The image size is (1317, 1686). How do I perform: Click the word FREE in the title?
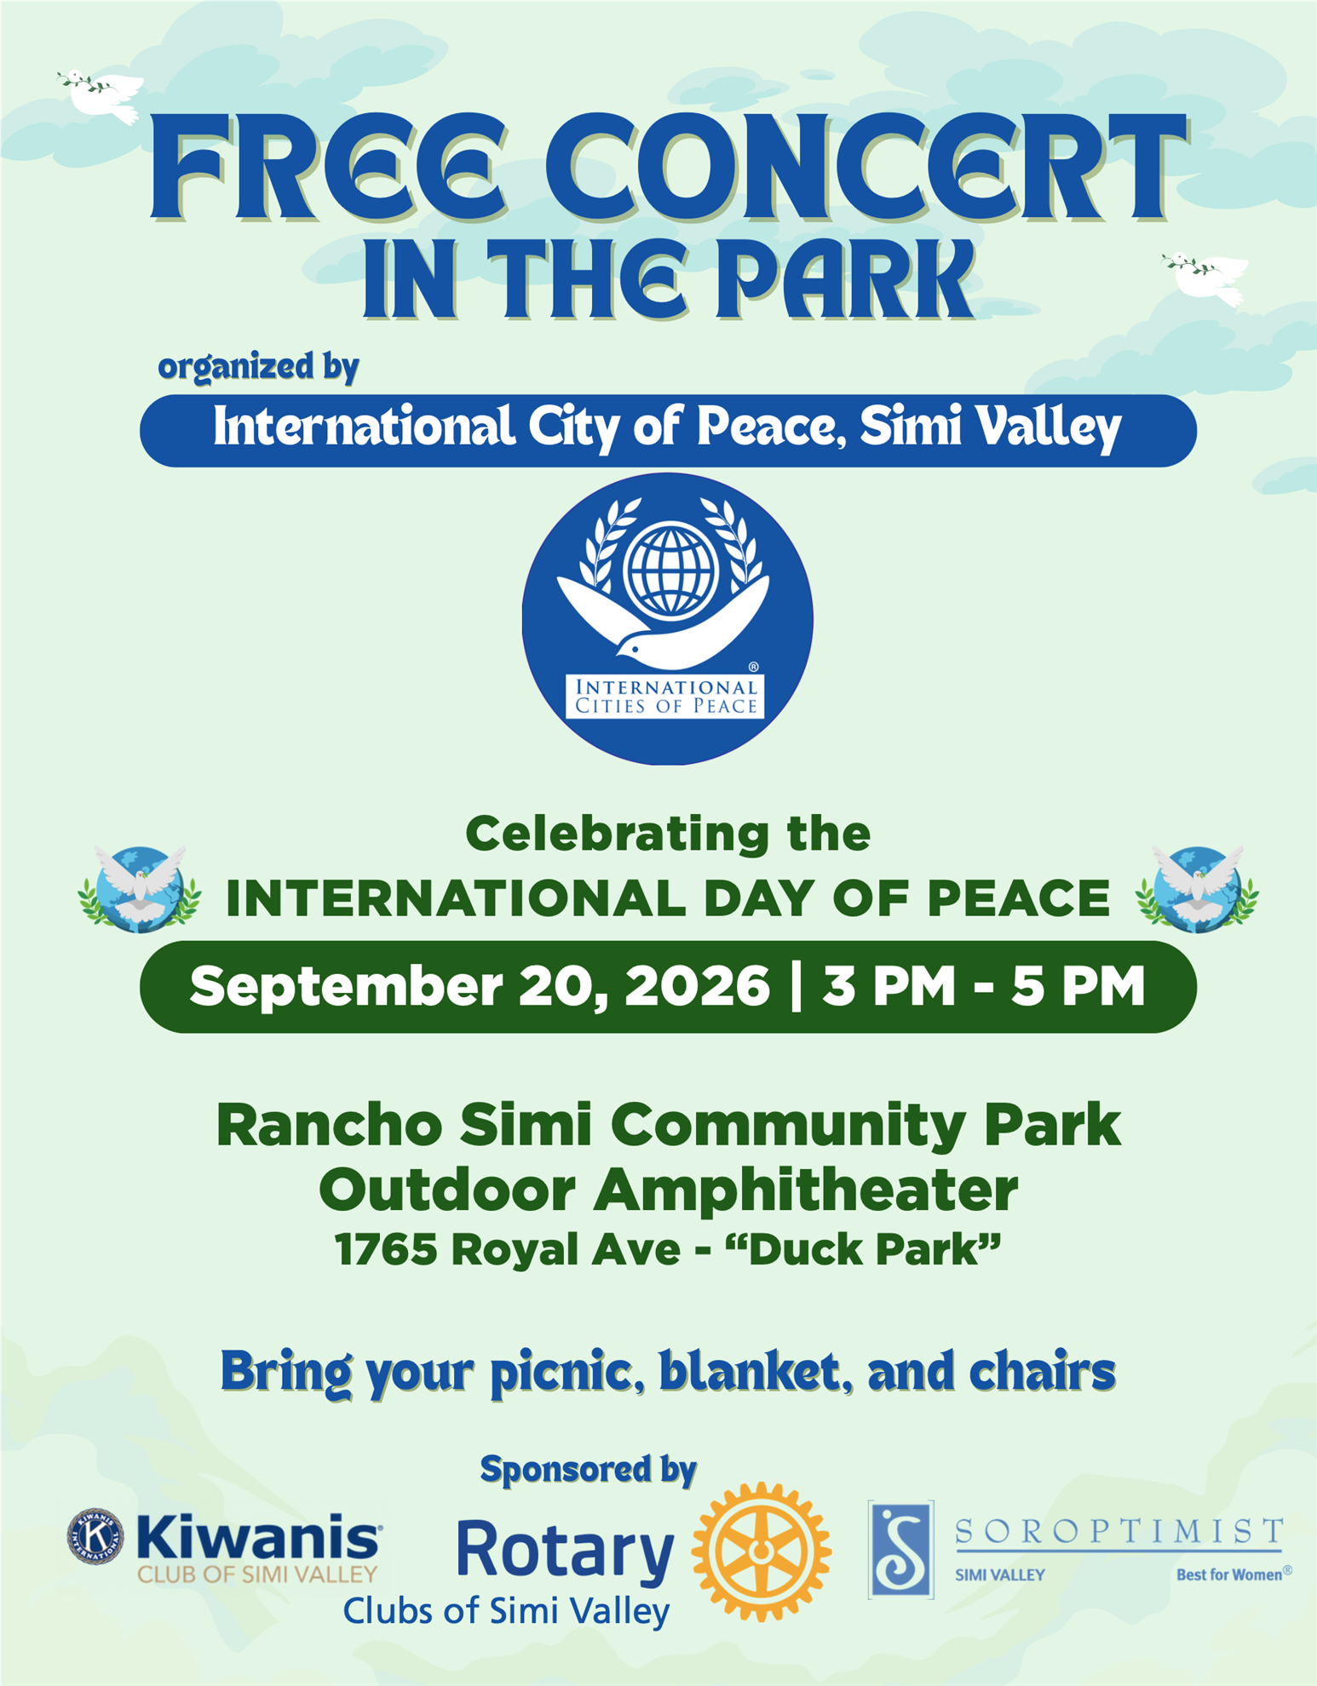click(328, 168)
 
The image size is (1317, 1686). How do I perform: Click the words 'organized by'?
click(258, 367)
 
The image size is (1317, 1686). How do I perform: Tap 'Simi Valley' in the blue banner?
click(990, 427)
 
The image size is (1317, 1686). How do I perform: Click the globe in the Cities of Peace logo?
click(670, 569)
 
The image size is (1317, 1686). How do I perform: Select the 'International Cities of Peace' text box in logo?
click(665, 697)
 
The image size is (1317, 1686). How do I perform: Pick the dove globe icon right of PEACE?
click(1197, 888)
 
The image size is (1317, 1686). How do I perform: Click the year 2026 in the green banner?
click(697, 986)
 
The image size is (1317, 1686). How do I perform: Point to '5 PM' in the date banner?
click(1078, 986)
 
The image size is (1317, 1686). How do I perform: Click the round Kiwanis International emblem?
click(95, 1537)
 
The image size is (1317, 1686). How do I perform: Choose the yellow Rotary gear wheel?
click(761, 1551)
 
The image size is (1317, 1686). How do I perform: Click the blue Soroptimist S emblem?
click(901, 1550)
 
